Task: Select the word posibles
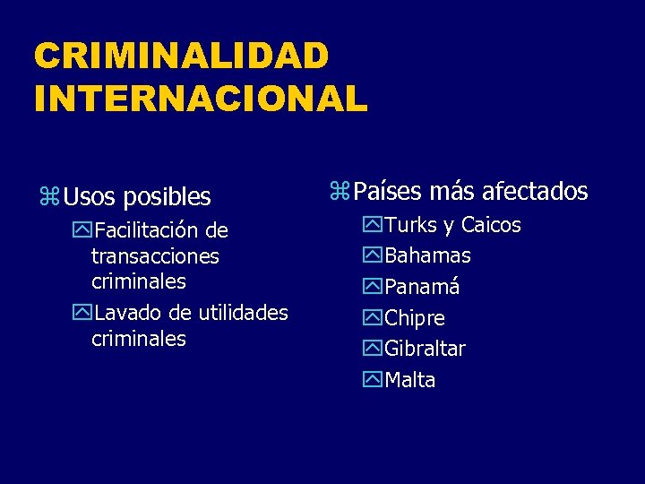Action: pos(167,197)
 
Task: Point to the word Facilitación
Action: pos(149,230)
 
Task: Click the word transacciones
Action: pos(155,256)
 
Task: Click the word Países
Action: pos(388,191)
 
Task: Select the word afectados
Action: pos(535,191)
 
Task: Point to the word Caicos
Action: pos(490,225)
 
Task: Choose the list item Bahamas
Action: pos(427,255)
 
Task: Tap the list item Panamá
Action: pos(422,287)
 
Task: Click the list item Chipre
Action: pos(415,318)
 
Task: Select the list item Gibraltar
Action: pos(425,349)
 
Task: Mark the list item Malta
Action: pos(409,380)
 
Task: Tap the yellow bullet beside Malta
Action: pos(373,380)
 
